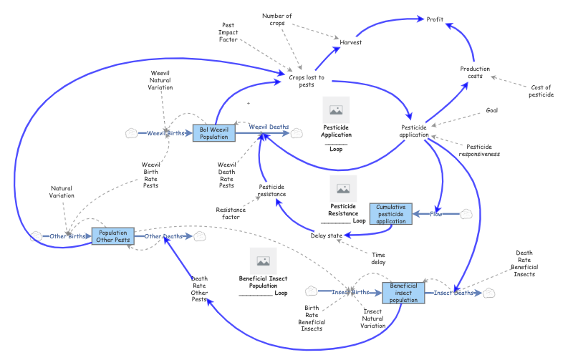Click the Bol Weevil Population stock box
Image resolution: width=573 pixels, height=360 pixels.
point(214,132)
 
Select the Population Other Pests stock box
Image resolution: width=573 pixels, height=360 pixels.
point(114,236)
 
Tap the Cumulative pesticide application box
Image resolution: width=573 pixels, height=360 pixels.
point(391,214)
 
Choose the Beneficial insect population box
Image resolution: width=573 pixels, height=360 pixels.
point(403,293)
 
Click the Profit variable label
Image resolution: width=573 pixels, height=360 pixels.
point(435,19)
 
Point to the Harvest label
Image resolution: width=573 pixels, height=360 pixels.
point(350,42)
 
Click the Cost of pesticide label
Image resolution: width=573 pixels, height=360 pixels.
point(540,91)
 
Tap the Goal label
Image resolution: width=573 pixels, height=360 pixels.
point(491,110)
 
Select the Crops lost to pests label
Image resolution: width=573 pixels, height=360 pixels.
point(307,81)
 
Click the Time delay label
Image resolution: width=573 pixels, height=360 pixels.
point(379,258)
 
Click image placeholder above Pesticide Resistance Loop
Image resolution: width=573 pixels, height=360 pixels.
point(343,189)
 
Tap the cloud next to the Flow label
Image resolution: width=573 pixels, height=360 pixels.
point(466,213)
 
